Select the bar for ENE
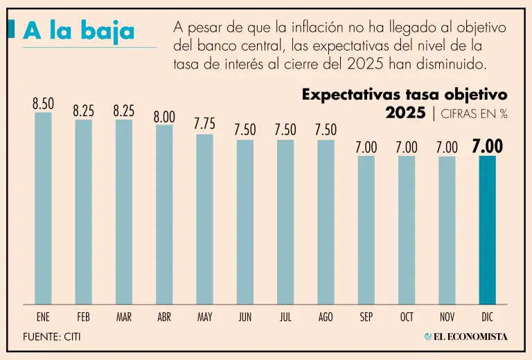point(43,208)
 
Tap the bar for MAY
point(204,219)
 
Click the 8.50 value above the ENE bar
point(43,104)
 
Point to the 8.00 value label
point(164,117)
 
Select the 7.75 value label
point(204,125)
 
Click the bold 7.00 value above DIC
point(487,147)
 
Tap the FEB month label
point(84,317)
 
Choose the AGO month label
point(326,317)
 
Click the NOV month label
point(447,317)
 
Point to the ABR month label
point(164,317)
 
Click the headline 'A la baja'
point(78,31)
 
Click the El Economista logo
point(465,336)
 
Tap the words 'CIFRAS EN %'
point(475,114)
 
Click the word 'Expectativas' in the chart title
point(349,95)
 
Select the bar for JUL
point(285,222)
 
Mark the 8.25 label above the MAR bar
point(124,110)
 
